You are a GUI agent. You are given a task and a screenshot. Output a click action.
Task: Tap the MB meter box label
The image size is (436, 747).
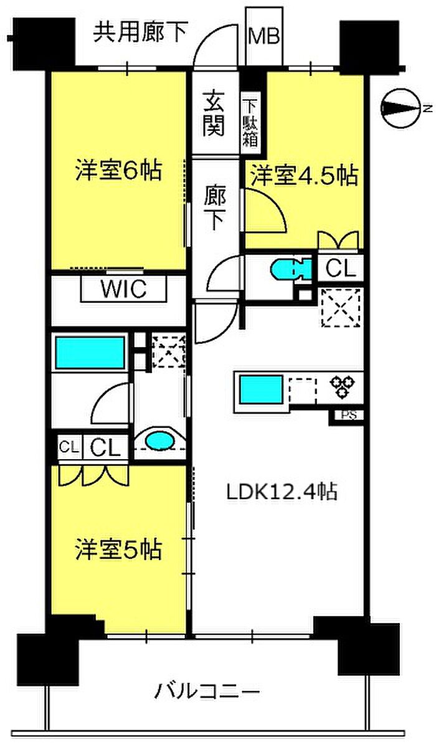[265, 37]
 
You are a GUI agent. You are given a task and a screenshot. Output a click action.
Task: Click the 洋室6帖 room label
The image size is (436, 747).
[117, 171]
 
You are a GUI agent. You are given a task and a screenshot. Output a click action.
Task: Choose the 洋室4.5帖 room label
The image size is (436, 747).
[305, 176]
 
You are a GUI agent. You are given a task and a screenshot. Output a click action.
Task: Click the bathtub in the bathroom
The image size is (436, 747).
[90, 353]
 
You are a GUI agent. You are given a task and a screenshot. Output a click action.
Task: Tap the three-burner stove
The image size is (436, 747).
[344, 386]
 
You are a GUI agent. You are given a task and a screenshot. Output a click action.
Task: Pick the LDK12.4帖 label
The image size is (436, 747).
[282, 491]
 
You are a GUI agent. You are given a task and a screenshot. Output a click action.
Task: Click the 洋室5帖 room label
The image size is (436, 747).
[117, 550]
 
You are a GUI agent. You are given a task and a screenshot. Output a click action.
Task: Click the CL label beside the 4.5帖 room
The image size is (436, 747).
[341, 269]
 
